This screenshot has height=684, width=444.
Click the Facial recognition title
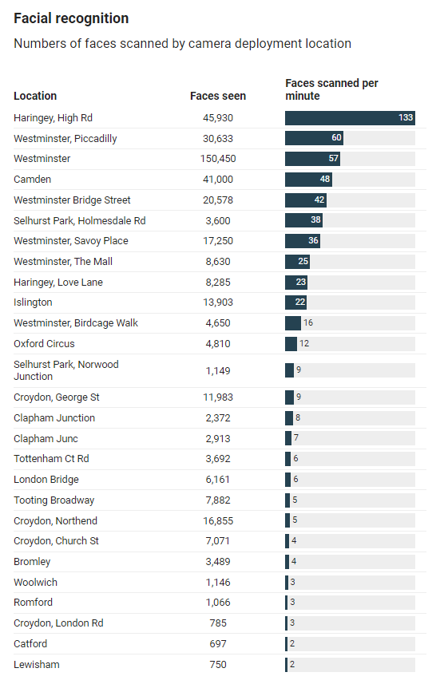(x=71, y=18)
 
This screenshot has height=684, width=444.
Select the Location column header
(x=35, y=96)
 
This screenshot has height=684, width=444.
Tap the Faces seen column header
(x=218, y=96)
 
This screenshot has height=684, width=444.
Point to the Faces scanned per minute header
(x=331, y=89)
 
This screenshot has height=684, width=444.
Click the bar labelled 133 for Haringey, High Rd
(x=350, y=118)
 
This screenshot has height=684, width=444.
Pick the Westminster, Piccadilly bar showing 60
(x=314, y=138)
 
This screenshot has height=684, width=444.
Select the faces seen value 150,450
(x=218, y=159)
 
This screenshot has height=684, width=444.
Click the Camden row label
(x=32, y=180)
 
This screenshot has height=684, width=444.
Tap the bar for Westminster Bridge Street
(x=306, y=200)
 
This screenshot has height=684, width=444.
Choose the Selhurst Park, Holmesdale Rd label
(x=80, y=221)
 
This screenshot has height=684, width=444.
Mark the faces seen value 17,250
(x=218, y=241)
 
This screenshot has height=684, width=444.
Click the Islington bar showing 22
(x=296, y=302)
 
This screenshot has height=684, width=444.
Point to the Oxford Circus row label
(x=44, y=344)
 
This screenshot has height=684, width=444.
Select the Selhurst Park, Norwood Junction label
(x=66, y=370)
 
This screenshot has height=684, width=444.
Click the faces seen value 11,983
(x=218, y=397)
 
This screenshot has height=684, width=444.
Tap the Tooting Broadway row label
(x=54, y=500)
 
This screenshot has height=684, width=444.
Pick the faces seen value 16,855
(x=218, y=521)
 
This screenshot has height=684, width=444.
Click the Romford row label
(x=34, y=603)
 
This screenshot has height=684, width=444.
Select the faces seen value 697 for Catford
(x=218, y=644)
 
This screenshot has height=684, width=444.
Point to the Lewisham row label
(x=36, y=664)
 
